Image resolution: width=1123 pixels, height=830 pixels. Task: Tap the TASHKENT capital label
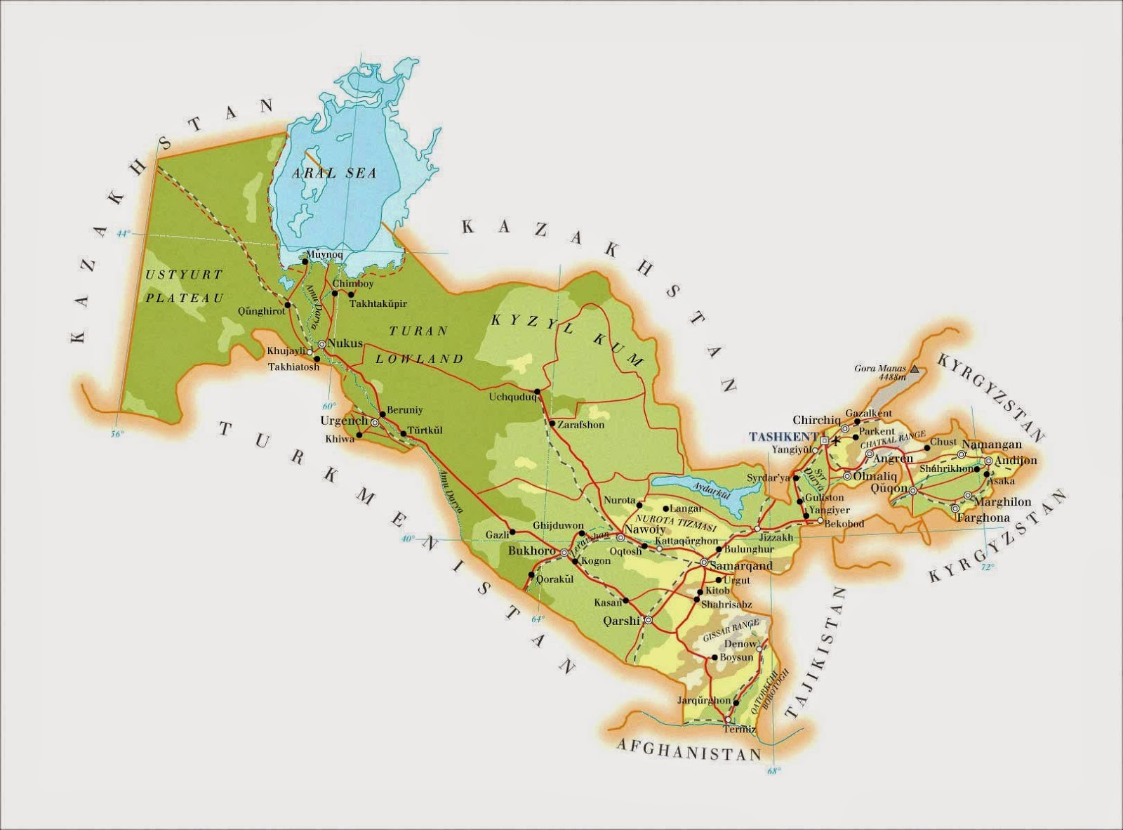(x=784, y=436)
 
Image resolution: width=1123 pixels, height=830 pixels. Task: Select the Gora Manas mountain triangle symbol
(x=914, y=367)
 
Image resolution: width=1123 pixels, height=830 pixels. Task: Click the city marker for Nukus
(x=321, y=344)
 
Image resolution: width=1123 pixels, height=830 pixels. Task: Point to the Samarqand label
(x=741, y=565)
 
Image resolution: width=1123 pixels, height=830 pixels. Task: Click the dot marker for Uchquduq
(x=537, y=392)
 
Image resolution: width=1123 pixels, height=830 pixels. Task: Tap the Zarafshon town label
(x=580, y=424)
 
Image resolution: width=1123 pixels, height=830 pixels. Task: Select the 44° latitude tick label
(x=124, y=234)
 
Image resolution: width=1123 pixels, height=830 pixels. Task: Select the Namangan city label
(x=991, y=444)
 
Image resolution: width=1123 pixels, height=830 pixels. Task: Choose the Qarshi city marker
(x=648, y=620)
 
